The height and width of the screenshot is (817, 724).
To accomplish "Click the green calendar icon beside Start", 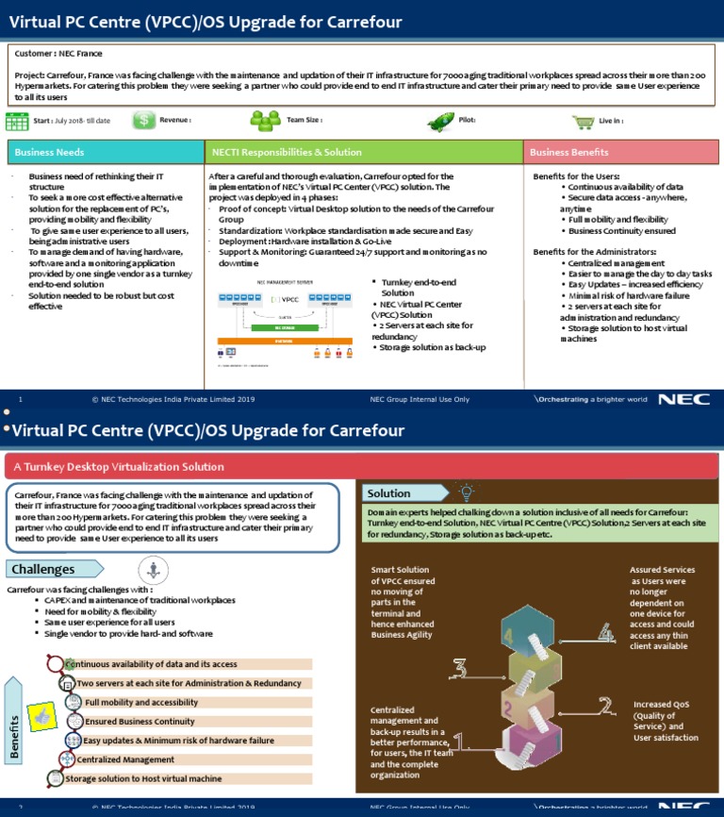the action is click(x=17, y=121).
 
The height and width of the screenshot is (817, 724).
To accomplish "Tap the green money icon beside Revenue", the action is click(x=144, y=121).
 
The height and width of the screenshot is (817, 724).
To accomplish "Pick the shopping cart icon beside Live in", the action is click(x=584, y=122).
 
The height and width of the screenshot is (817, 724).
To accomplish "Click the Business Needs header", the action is click(x=106, y=152).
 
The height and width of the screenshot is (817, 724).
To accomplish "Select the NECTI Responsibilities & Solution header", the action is click(x=364, y=152).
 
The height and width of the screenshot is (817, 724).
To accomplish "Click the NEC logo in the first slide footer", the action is click(x=677, y=399).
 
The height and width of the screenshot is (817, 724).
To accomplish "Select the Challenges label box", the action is click(x=54, y=569).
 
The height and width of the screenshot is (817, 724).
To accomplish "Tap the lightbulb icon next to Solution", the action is click(x=465, y=492).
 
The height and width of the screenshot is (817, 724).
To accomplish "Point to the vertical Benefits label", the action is click(x=15, y=727).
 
